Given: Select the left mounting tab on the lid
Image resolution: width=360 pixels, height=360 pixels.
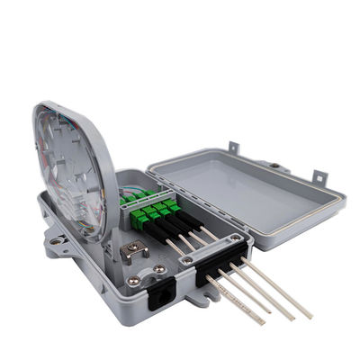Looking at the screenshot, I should click(x=233, y=148).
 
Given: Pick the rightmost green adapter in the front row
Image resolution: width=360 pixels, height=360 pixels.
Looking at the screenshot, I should click(x=171, y=205).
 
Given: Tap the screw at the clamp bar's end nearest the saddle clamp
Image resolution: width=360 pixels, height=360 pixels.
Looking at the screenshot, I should click(x=186, y=260).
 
